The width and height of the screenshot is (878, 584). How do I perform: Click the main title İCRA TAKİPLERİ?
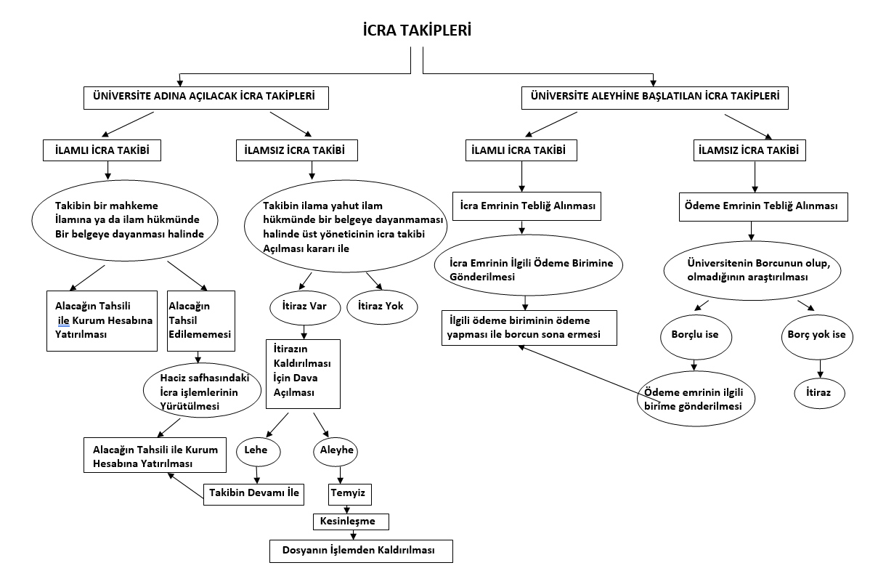(x=418, y=31)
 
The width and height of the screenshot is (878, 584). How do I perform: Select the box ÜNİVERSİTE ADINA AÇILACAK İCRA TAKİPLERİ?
(x=204, y=97)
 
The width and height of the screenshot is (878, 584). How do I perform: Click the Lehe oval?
(x=256, y=450)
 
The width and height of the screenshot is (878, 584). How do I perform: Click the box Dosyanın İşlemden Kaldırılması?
(x=362, y=551)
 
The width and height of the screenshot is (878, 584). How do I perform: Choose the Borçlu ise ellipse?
(x=696, y=337)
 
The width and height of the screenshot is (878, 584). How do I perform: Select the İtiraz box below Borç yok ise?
(x=820, y=392)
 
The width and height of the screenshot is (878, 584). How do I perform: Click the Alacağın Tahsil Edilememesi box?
(x=200, y=320)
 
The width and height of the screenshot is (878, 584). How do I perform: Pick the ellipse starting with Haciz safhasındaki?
(x=200, y=390)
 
